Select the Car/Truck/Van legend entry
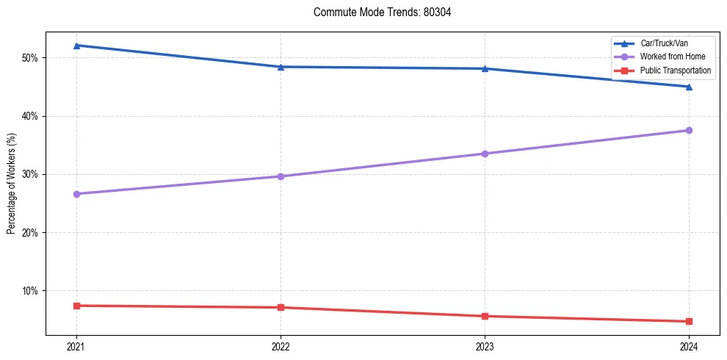coord(664,43)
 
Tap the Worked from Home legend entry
coord(673,57)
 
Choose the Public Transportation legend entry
coord(676,71)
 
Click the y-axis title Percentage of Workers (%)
coord(11,183)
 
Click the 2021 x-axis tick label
coord(76,346)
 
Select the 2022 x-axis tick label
coord(281,346)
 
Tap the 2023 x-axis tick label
coord(485,346)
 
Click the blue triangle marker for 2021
coord(76,46)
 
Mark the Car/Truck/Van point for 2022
coord(281,67)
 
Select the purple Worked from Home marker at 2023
coord(485,154)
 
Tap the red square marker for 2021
coord(76,306)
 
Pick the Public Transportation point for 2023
coord(485,316)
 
